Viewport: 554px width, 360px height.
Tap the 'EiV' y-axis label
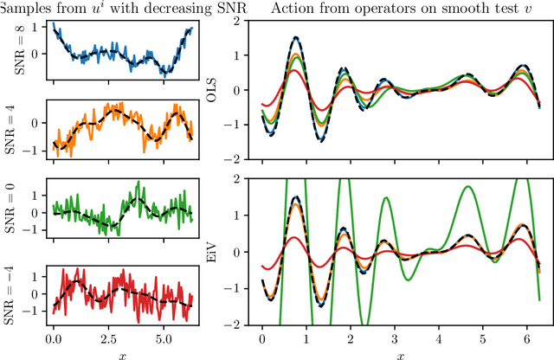(x=232, y=253)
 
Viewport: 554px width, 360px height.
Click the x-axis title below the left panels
(x=122, y=352)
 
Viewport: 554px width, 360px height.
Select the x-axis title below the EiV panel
(x=400, y=352)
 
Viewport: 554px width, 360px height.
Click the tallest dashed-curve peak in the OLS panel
(x=296, y=37)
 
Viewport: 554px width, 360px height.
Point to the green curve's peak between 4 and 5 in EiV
(x=467, y=186)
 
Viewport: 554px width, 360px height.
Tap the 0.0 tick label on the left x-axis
(x=53, y=333)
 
